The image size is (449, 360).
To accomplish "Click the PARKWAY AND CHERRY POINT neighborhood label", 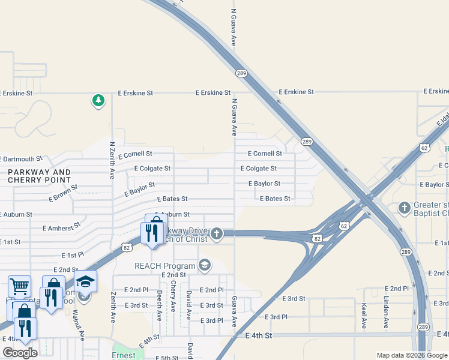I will click(x=40, y=176).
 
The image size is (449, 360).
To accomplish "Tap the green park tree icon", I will click(x=98, y=100).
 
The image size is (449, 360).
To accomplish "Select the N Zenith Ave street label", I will click(x=112, y=161).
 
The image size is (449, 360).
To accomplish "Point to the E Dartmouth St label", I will click(x=22, y=160).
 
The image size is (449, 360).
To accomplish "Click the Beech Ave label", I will click(x=160, y=305).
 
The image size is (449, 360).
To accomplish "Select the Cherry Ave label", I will click(x=173, y=296).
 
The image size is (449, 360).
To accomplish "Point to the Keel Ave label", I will click(x=364, y=316).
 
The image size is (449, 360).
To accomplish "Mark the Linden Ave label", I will click(x=387, y=313).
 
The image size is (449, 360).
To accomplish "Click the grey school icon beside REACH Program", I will click(x=205, y=265).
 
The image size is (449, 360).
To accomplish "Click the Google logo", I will click(x=20, y=353).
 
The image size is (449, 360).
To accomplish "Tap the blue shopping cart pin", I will click(x=19, y=286).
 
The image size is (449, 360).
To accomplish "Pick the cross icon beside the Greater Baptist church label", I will click(x=405, y=208).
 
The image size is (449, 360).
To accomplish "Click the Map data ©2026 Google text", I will click(x=412, y=355).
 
